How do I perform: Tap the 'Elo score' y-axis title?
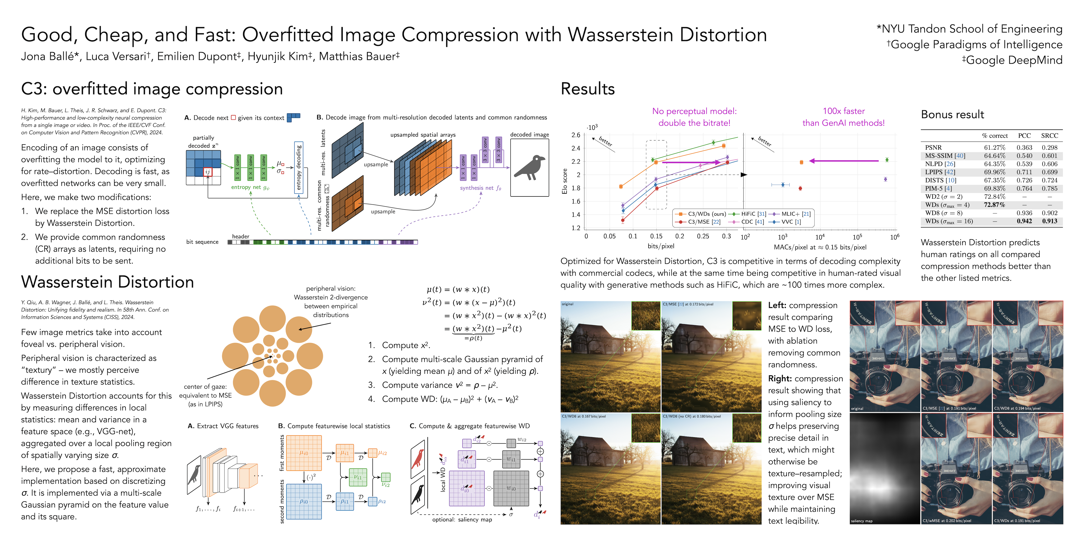click(565, 181)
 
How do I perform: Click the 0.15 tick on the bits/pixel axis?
click(656, 236)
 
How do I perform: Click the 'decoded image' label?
click(529, 134)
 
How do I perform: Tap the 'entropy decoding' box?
click(299, 168)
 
